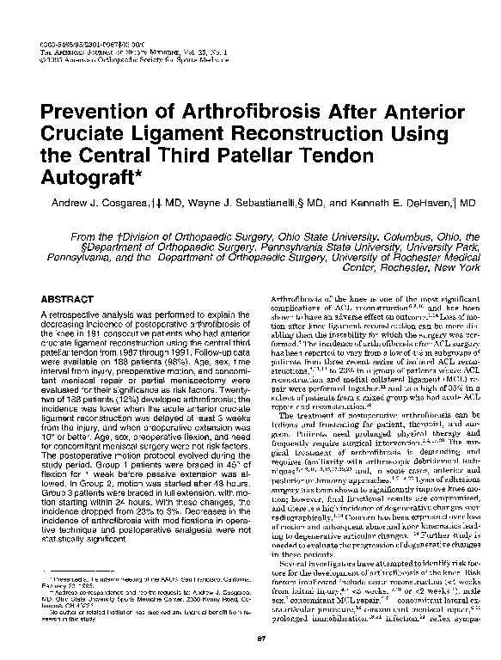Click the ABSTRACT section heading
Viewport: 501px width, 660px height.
[x=64, y=298]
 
